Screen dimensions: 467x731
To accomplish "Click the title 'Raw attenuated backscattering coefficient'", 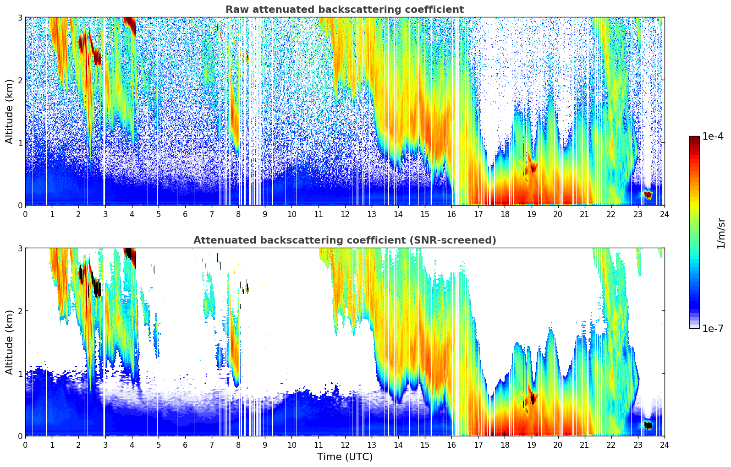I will point(344,10).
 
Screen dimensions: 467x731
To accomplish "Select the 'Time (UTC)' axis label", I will point(345,457).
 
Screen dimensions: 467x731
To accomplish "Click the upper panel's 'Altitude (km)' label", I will point(10,111).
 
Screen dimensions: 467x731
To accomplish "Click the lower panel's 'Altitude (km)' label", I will point(10,342).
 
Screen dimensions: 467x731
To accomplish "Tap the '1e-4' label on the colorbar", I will point(713,136).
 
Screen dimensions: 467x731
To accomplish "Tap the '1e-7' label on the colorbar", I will point(713,328).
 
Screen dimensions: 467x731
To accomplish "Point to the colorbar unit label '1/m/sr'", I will point(721,233).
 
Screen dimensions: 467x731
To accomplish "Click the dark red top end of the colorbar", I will point(694,138).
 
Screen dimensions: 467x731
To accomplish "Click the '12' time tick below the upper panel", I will point(345,214).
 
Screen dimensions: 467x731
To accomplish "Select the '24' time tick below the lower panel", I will point(664,445).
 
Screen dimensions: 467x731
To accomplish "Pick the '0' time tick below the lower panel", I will point(25,445).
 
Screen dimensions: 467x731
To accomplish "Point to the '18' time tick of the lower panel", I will point(505,445).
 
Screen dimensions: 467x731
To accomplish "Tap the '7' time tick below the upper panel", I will point(212,214).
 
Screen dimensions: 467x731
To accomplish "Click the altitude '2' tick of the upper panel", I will point(20,80).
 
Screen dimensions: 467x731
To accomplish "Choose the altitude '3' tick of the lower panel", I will point(20,248).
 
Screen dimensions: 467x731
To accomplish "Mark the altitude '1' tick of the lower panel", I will point(20,374).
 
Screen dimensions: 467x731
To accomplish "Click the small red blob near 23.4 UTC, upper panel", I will point(648,195).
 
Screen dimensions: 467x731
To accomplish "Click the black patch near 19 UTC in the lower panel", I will point(532,398).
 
